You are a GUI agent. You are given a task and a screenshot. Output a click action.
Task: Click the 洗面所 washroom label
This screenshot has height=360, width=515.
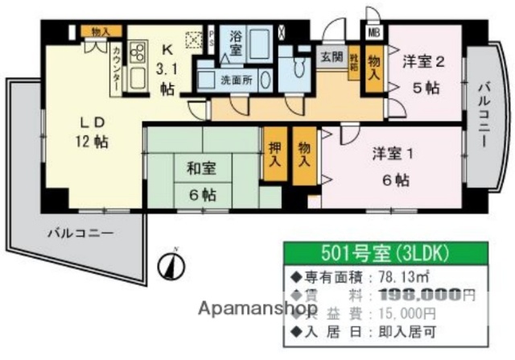pos(237,81)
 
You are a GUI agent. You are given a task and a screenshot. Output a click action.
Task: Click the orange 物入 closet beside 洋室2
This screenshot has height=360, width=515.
pos(374,64)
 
